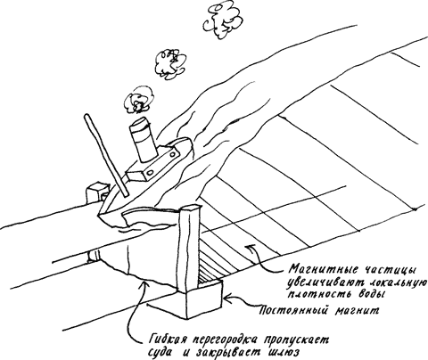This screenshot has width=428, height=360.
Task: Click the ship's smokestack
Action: pos(144,140)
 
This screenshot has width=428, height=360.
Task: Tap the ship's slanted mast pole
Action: pos(106,155)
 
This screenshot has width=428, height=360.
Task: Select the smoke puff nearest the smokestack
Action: pos(139,100)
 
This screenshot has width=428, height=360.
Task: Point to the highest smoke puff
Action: pos(222,21)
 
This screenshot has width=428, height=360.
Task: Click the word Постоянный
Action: pos(293,311)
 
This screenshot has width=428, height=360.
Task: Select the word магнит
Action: pos(358,311)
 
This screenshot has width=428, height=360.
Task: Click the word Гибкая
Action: pos(168,339)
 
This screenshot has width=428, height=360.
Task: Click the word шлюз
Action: pos(282,352)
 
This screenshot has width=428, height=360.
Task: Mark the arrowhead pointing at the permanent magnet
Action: pos(228,299)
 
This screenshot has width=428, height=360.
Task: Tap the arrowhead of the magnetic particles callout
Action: pos(249,248)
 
